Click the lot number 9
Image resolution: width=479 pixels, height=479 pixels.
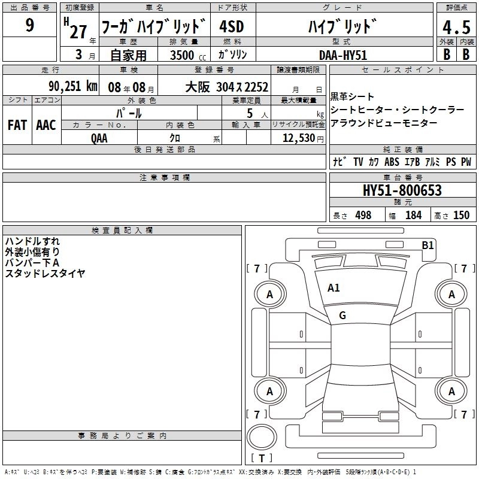click(x=29, y=25)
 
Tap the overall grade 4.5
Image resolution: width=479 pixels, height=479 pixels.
click(x=456, y=28)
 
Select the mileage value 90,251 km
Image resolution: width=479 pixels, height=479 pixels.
click(x=73, y=86)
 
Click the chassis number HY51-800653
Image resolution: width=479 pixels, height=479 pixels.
click(x=402, y=190)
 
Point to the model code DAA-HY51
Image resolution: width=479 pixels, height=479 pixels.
click(x=342, y=55)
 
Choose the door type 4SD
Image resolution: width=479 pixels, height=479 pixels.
click(x=232, y=26)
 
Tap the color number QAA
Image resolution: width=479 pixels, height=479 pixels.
click(x=99, y=138)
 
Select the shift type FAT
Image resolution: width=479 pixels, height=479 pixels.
click(x=17, y=125)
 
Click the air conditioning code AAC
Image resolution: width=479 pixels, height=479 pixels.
click(x=46, y=125)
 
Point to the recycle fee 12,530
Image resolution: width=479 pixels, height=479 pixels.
click(x=299, y=138)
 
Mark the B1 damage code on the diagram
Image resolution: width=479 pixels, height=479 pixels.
click(x=428, y=245)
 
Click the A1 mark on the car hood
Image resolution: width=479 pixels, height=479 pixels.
click(x=334, y=288)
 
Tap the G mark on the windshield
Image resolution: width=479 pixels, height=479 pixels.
click(x=342, y=315)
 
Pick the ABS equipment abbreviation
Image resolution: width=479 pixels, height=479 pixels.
click(x=392, y=162)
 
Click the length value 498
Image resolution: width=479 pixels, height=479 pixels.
click(x=363, y=215)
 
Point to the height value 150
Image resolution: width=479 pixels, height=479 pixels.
click(x=461, y=215)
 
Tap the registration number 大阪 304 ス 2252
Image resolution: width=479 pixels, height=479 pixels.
click(x=227, y=87)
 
